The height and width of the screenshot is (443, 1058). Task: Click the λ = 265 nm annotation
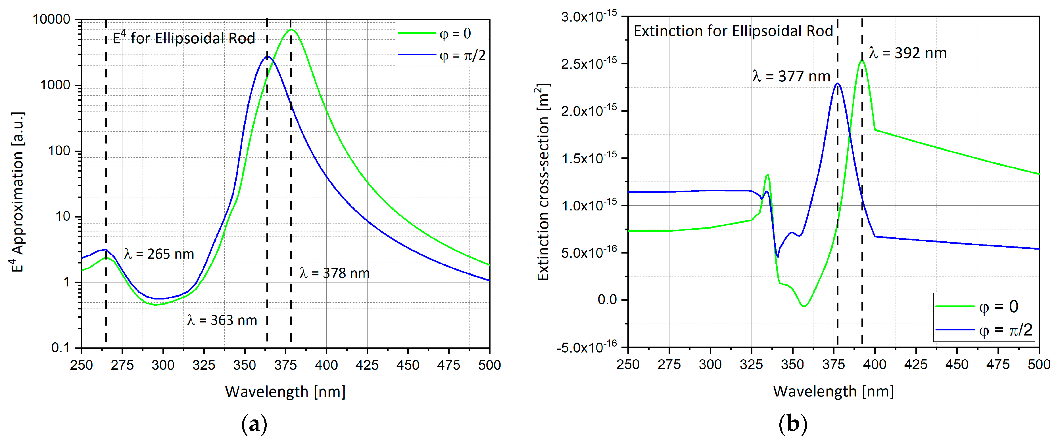(x=159, y=254)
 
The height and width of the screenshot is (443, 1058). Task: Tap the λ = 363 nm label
(x=222, y=320)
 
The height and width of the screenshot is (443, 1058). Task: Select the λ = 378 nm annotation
(x=335, y=273)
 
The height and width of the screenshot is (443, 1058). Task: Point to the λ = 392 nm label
(x=908, y=53)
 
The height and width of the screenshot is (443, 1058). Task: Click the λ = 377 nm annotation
(x=791, y=77)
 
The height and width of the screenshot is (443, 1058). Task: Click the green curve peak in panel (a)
(x=291, y=29)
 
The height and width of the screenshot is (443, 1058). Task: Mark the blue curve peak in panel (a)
(x=268, y=57)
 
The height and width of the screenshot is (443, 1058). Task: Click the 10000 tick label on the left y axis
(x=51, y=19)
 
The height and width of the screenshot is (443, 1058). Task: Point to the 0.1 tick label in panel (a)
(x=60, y=348)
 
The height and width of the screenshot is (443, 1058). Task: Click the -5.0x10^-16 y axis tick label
(x=587, y=347)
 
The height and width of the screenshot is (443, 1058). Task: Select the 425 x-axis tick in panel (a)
(x=367, y=365)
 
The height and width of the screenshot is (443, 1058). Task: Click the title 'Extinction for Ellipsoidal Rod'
(x=733, y=31)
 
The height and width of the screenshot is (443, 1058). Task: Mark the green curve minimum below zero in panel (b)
(x=804, y=306)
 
